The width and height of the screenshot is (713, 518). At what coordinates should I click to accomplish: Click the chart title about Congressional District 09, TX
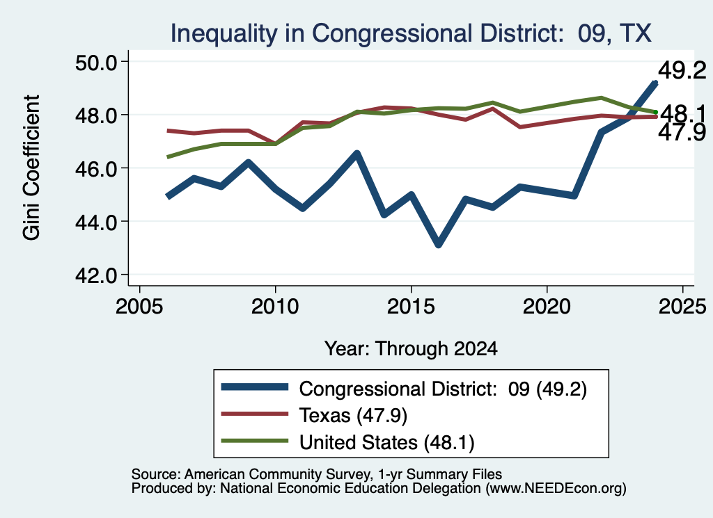pyautogui.click(x=411, y=33)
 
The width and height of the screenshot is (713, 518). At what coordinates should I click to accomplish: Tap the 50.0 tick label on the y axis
pyautogui.click(x=95, y=62)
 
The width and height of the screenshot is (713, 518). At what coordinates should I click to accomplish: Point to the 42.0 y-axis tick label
pyautogui.click(x=95, y=275)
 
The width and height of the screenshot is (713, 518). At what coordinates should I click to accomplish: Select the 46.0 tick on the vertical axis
pyautogui.click(x=95, y=168)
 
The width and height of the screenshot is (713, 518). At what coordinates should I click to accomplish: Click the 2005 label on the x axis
pyautogui.click(x=139, y=307)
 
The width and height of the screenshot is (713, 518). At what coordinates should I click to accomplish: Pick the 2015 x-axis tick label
pyautogui.click(x=411, y=307)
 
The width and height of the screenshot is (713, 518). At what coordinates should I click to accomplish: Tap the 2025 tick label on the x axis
pyautogui.click(x=682, y=307)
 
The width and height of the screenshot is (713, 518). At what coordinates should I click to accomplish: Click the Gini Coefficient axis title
pyautogui.click(x=31, y=168)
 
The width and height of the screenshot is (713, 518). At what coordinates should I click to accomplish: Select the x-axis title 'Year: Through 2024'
pyautogui.click(x=411, y=348)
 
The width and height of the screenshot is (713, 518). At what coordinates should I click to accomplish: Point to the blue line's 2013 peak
pyautogui.click(x=357, y=154)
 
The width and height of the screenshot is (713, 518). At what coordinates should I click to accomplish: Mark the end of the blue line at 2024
pyautogui.click(x=655, y=83)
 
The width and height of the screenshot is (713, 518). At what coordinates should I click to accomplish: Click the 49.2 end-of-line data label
pyautogui.click(x=682, y=70)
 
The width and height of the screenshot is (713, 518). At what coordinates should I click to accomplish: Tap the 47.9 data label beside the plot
pyautogui.click(x=682, y=132)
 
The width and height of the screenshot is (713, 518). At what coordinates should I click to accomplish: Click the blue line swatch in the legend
pyautogui.click(x=255, y=387)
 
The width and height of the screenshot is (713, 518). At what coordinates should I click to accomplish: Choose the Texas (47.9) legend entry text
pyautogui.click(x=353, y=415)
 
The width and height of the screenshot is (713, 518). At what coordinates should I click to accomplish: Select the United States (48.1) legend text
pyautogui.click(x=386, y=442)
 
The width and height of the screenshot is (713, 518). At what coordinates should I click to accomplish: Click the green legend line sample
pyautogui.click(x=255, y=440)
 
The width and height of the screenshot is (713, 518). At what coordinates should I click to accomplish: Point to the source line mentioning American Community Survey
pyautogui.click(x=317, y=474)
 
